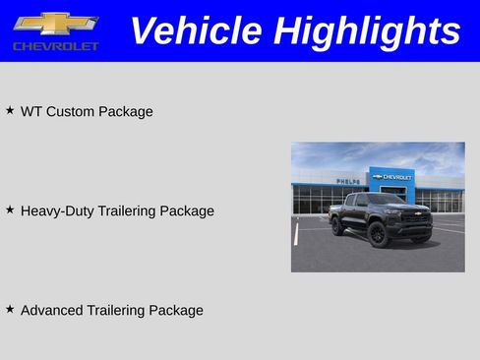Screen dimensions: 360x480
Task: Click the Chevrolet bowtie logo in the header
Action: point(55,24)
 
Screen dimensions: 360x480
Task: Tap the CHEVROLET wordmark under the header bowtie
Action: point(56,46)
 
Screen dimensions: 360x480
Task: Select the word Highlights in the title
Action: point(366,30)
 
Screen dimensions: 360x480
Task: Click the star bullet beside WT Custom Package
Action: point(10,110)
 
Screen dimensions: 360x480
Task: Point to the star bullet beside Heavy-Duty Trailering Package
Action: point(10,210)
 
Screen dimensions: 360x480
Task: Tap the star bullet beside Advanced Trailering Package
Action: point(10,309)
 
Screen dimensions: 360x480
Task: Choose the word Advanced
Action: point(51,311)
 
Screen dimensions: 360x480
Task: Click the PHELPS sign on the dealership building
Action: point(348,181)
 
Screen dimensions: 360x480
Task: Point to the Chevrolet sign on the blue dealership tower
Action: point(391,177)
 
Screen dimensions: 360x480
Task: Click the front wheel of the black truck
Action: point(378,233)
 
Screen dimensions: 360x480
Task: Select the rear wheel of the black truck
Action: point(337,226)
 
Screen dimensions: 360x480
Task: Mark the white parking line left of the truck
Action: point(296,232)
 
